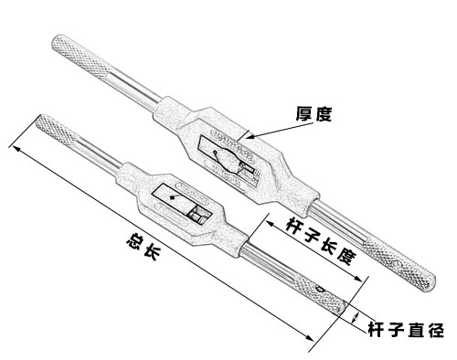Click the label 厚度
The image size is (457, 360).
(x=312, y=114)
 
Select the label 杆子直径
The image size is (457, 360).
(x=405, y=330)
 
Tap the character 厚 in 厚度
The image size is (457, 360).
(x=303, y=114)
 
